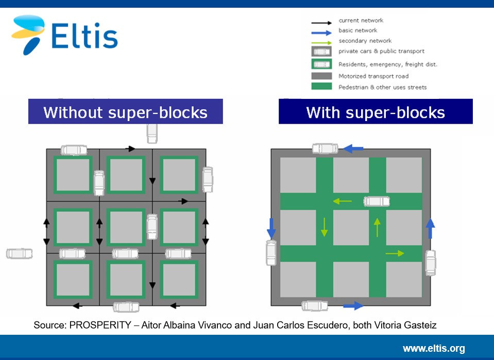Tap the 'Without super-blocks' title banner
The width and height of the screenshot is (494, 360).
point(125,111)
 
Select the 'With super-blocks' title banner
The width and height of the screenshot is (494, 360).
point(376,111)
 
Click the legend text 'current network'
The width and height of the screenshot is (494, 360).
point(361,21)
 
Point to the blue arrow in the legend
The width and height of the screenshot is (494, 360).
point(321,33)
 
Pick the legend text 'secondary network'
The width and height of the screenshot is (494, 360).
point(365,41)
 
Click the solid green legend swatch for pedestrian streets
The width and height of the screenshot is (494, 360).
point(321,87)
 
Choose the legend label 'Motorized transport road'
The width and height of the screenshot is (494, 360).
point(373,76)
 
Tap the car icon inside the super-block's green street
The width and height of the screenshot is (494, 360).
point(377,201)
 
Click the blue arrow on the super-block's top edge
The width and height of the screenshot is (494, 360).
point(353,148)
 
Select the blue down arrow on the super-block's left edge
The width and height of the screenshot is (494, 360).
point(271,229)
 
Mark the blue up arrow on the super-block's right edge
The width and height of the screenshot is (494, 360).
point(430,229)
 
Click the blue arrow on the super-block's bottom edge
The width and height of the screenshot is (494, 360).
point(353,305)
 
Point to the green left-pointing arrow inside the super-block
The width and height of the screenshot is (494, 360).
point(342,201)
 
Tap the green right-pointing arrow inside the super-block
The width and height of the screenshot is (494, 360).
point(395,253)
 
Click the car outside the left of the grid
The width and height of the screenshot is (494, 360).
point(19,253)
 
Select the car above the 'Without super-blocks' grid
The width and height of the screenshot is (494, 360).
point(152,133)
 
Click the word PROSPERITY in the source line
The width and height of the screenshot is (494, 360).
point(100,325)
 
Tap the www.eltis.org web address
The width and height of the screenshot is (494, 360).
point(434,348)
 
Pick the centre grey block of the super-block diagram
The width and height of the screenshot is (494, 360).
point(351,228)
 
